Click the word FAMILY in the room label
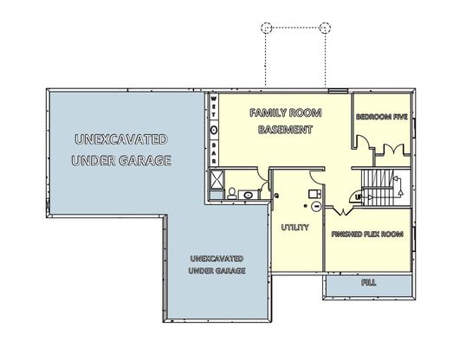[268, 112]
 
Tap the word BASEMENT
[285, 130]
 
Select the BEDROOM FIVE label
[382, 117]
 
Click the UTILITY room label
[294, 228]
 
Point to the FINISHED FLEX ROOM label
[367, 234]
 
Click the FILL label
[368, 282]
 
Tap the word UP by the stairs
[359, 197]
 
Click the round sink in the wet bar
[214, 130]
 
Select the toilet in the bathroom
[232, 193]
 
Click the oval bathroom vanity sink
[247, 196]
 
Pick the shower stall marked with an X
[217, 179]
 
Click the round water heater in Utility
[316, 206]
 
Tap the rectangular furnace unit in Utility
[314, 194]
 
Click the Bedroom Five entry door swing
[363, 142]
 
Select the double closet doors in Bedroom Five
[393, 149]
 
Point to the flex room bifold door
[343, 210]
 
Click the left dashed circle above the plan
[266, 28]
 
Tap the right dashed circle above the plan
[325, 28]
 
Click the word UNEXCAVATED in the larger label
[121, 139]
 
